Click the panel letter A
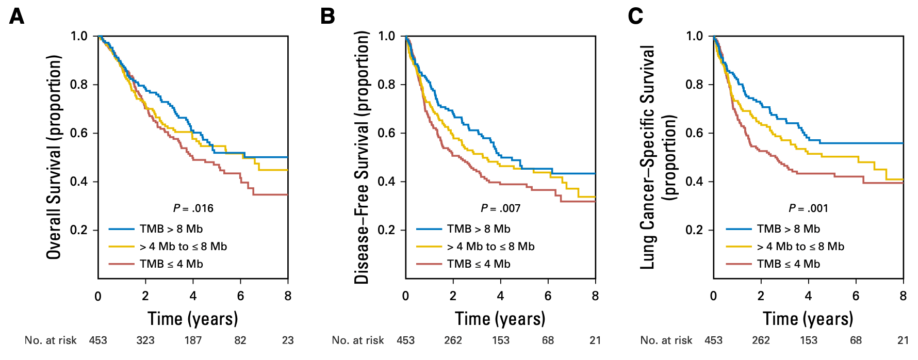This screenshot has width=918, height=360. pyautogui.click(x=17, y=17)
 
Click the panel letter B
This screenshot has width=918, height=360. pyautogui.click(x=327, y=17)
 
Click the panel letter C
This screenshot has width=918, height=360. pyautogui.click(x=635, y=17)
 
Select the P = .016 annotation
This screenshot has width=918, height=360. pyautogui.click(x=193, y=208)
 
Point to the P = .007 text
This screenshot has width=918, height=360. pyautogui.click(x=500, y=208)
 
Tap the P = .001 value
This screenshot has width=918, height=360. pyautogui.click(x=808, y=208)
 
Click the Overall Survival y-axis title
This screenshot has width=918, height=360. pyautogui.click(x=54, y=157)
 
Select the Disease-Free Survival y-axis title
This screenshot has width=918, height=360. pyautogui.click(x=362, y=157)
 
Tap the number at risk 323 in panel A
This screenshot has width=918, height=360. pyautogui.click(x=145, y=340)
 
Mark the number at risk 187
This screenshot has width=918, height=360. pyautogui.click(x=193, y=340)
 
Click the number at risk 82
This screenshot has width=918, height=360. pyautogui.click(x=240, y=340)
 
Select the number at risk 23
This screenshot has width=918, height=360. pyautogui.click(x=288, y=340)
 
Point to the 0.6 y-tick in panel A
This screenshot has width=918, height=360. pyautogui.click(x=79, y=133)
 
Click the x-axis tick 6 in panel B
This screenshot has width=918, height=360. pyautogui.click(x=548, y=296)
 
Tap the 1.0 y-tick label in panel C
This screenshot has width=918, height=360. pyautogui.click(x=694, y=36)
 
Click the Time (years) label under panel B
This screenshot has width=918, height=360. pyautogui.click(x=500, y=319)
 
